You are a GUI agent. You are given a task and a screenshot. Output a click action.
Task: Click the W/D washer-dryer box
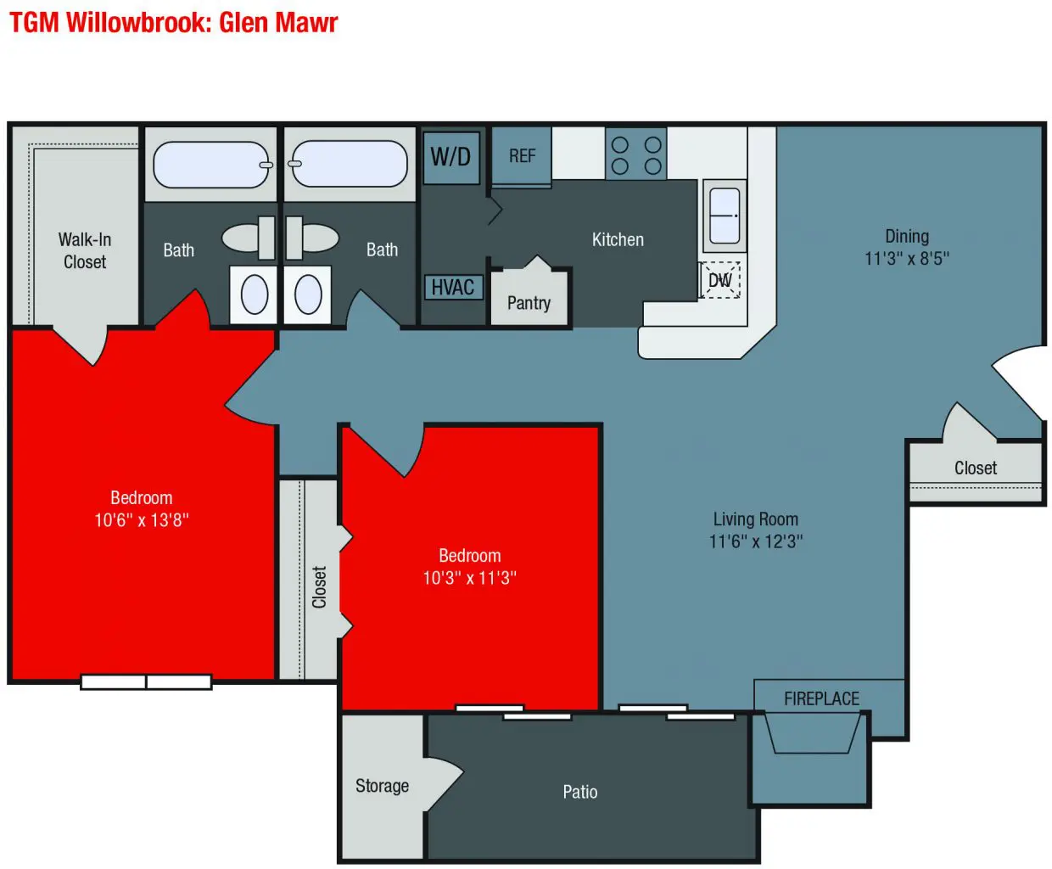click(451, 158)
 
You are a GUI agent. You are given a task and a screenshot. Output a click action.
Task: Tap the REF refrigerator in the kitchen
click(522, 156)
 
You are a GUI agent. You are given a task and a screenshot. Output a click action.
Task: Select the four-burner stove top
click(636, 153)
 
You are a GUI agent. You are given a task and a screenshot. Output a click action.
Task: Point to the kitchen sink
click(725, 216)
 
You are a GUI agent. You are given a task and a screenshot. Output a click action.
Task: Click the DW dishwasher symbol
click(719, 280)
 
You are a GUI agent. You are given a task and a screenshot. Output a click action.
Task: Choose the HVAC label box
click(453, 288)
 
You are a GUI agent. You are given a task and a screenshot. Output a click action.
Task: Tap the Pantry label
click(529, 303)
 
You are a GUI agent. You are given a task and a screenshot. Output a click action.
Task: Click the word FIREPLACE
click(822, 698)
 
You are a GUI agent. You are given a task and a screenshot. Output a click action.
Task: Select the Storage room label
click(382, 785)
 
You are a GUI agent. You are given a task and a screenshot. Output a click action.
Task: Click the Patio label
click(580, 792)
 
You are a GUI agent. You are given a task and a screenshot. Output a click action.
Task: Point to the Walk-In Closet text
click(85, 250)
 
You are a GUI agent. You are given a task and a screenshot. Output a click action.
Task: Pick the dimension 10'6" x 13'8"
click(142, 519)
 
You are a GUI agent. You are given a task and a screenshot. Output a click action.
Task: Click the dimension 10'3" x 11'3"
click(469, 578)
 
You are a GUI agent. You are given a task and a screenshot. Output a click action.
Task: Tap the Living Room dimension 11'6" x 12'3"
click(756, 541)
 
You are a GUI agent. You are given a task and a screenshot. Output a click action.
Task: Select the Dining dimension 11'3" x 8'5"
click(907, 259)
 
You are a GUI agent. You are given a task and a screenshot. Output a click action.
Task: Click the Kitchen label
click(618, 240)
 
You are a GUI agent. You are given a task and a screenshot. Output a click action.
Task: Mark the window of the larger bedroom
click(146, 682)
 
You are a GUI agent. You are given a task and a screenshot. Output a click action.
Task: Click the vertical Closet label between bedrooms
click(320, 587)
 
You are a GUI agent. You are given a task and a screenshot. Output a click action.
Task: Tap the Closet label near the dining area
click(976, 468)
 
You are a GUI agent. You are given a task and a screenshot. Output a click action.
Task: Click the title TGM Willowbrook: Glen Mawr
click(173, 23)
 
